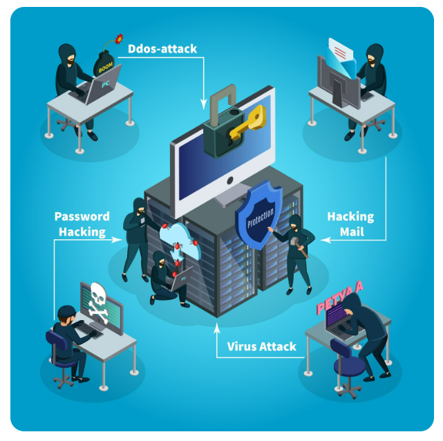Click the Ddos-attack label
point(162,48)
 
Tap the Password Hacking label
point(82,225)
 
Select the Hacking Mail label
point(350,224)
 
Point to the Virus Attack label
point(262,346)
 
